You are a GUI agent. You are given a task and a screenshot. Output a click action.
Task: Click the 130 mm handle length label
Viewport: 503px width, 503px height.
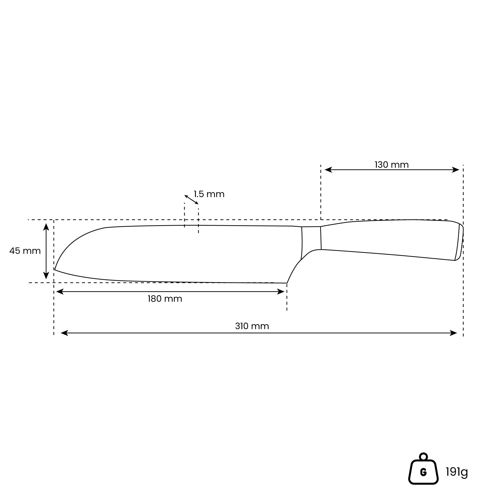[391, 165]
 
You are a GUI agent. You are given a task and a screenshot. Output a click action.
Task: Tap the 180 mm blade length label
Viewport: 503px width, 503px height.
[165, 299]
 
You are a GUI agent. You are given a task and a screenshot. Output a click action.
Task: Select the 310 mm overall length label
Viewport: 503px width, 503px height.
[252, 326]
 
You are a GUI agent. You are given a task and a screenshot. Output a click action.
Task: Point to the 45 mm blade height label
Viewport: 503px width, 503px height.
[25, 251]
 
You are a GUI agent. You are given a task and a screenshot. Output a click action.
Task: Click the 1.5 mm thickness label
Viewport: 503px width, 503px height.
[209, 194]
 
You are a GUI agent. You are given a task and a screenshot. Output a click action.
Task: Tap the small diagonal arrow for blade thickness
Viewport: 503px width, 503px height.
[191, 200]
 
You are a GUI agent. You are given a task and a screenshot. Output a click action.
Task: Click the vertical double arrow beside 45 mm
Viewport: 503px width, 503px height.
[46, 251]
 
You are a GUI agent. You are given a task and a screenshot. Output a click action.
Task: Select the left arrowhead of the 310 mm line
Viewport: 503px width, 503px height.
[64, 333]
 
